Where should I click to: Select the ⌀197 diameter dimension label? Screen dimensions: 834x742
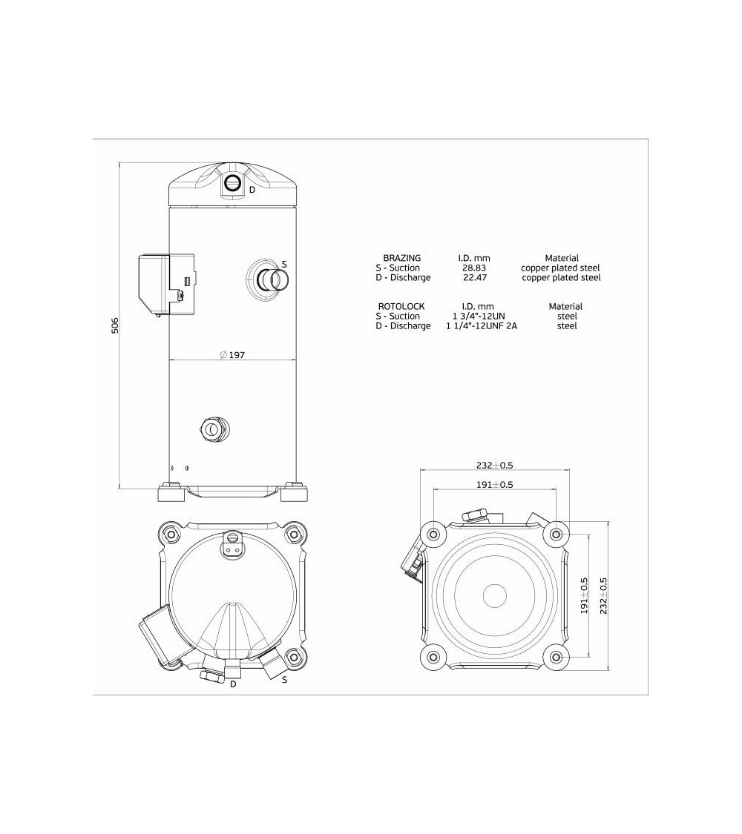[x=232, y=355]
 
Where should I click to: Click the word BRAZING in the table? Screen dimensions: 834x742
[x=401, y=258]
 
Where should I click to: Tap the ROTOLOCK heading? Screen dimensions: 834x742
[x=401, y=306]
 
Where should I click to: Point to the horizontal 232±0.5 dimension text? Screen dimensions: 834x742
[x=495, y=465]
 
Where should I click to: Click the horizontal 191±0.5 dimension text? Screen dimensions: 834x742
[x=495, y=484]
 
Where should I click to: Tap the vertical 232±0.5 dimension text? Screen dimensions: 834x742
[x=603, y=595]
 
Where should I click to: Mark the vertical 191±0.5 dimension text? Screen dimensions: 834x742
[x=584, y=595]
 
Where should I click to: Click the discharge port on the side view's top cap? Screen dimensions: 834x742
[x=233, y=185]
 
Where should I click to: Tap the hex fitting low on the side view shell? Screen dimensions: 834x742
[x=214, y=428]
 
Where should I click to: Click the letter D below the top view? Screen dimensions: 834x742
[x=233, y=684]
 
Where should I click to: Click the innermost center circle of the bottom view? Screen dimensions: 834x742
[x=495, y=595]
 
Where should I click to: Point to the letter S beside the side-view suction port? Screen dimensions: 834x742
[x=284, y=264]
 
